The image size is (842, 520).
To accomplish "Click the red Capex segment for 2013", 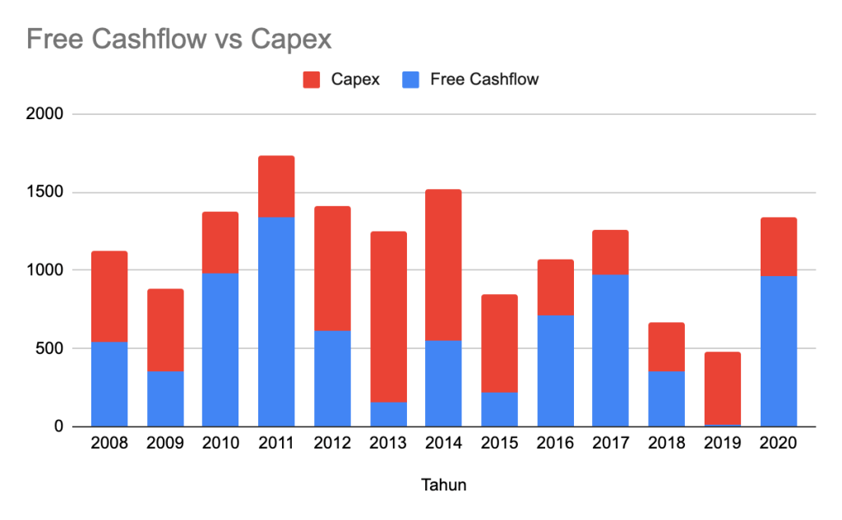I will pyautogui.click(x=388, y=316).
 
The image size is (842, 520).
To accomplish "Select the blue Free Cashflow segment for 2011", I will pyautogui.click(x=276, y=321).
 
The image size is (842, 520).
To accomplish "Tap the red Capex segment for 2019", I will pyautogui.click(x=723, y=388).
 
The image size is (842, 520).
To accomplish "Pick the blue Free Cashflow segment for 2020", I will pyautogui.click(x=779, y=351).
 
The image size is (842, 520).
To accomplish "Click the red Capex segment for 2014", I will pyautogui.click(x=444, y=265).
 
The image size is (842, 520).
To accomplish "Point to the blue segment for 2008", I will pyautogui.click(x=109, y=384).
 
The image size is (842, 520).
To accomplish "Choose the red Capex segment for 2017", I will pyautogui.click(x=611, y=252).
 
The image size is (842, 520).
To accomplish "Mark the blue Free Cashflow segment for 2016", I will pyautogui.click(x=555, y=370).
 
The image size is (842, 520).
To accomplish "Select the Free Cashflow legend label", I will pyautogui.click(x=484, y=80).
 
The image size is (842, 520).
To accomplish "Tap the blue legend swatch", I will pyautogui.click(x=410, y=80).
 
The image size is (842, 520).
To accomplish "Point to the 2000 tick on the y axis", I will pyautogui.click(x=45, y=114).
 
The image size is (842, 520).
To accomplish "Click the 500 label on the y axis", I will pyautogui.click(x=49, y=348).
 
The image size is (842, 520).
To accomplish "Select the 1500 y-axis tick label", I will pyautogui.click(x=45, y=192).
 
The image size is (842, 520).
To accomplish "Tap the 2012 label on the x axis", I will pyautogui.click(x=332, y=444).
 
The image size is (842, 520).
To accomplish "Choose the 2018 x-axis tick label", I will pyautogui.click(x=667, y=444).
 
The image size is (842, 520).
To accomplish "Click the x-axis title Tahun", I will pyautogui.click(x=444, y=485).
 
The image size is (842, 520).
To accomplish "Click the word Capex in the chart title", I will pyautogui.click(x=291, y=39).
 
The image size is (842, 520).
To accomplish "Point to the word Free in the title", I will pyautogui.click(x=53, y=39).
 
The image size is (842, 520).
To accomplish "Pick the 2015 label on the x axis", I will pyautogui.click(x=500, y=444).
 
